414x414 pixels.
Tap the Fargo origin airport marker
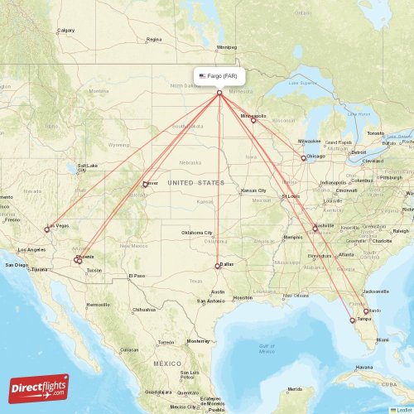[x=219, y=92]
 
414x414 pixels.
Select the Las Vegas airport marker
[x=47, y=229]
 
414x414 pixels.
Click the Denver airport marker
[x=145, y=185]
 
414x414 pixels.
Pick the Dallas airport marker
[x=218, y=266]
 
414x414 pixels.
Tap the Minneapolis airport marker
[x=253, y=120]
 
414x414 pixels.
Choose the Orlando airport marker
[x=366, y=311]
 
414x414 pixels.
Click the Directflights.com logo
[x=39, y=387]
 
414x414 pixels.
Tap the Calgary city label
[x=65, y=31]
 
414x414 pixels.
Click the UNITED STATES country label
[x=195, y=182]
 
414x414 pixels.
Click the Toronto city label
[x=376, y=132]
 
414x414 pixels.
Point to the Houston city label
[x=243, y=297]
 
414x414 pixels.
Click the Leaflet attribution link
[x=403, y=409]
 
